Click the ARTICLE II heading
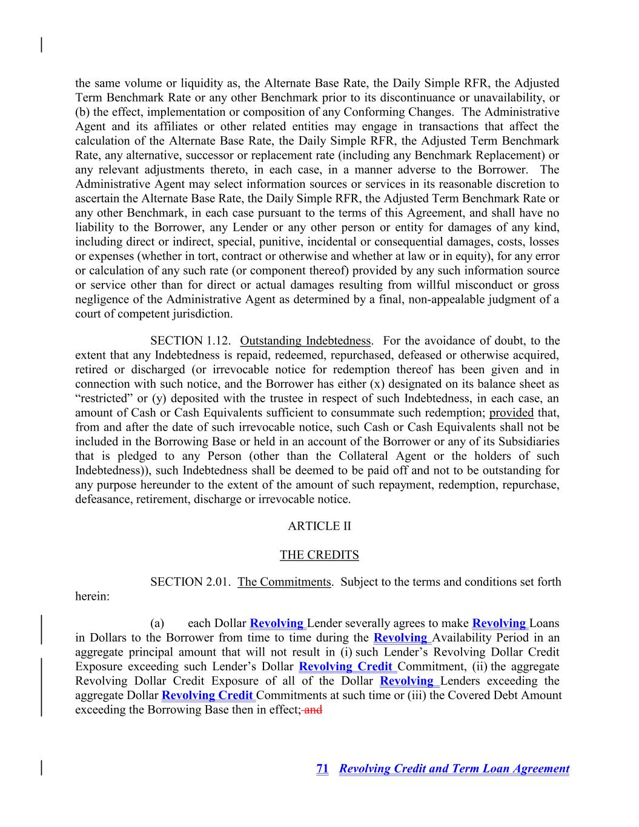(319, 526)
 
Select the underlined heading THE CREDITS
(319, 555)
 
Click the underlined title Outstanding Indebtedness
(305, 340)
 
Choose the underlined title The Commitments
(284, 582)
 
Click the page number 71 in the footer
(322, 769)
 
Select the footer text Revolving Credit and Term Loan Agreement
(454, 769)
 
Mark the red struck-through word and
(313, 709)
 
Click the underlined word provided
(511, 413)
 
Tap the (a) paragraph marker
(157, 623)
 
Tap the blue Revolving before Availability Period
(400, 637)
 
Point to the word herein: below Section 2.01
(92, 597)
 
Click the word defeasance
(102, 499)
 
